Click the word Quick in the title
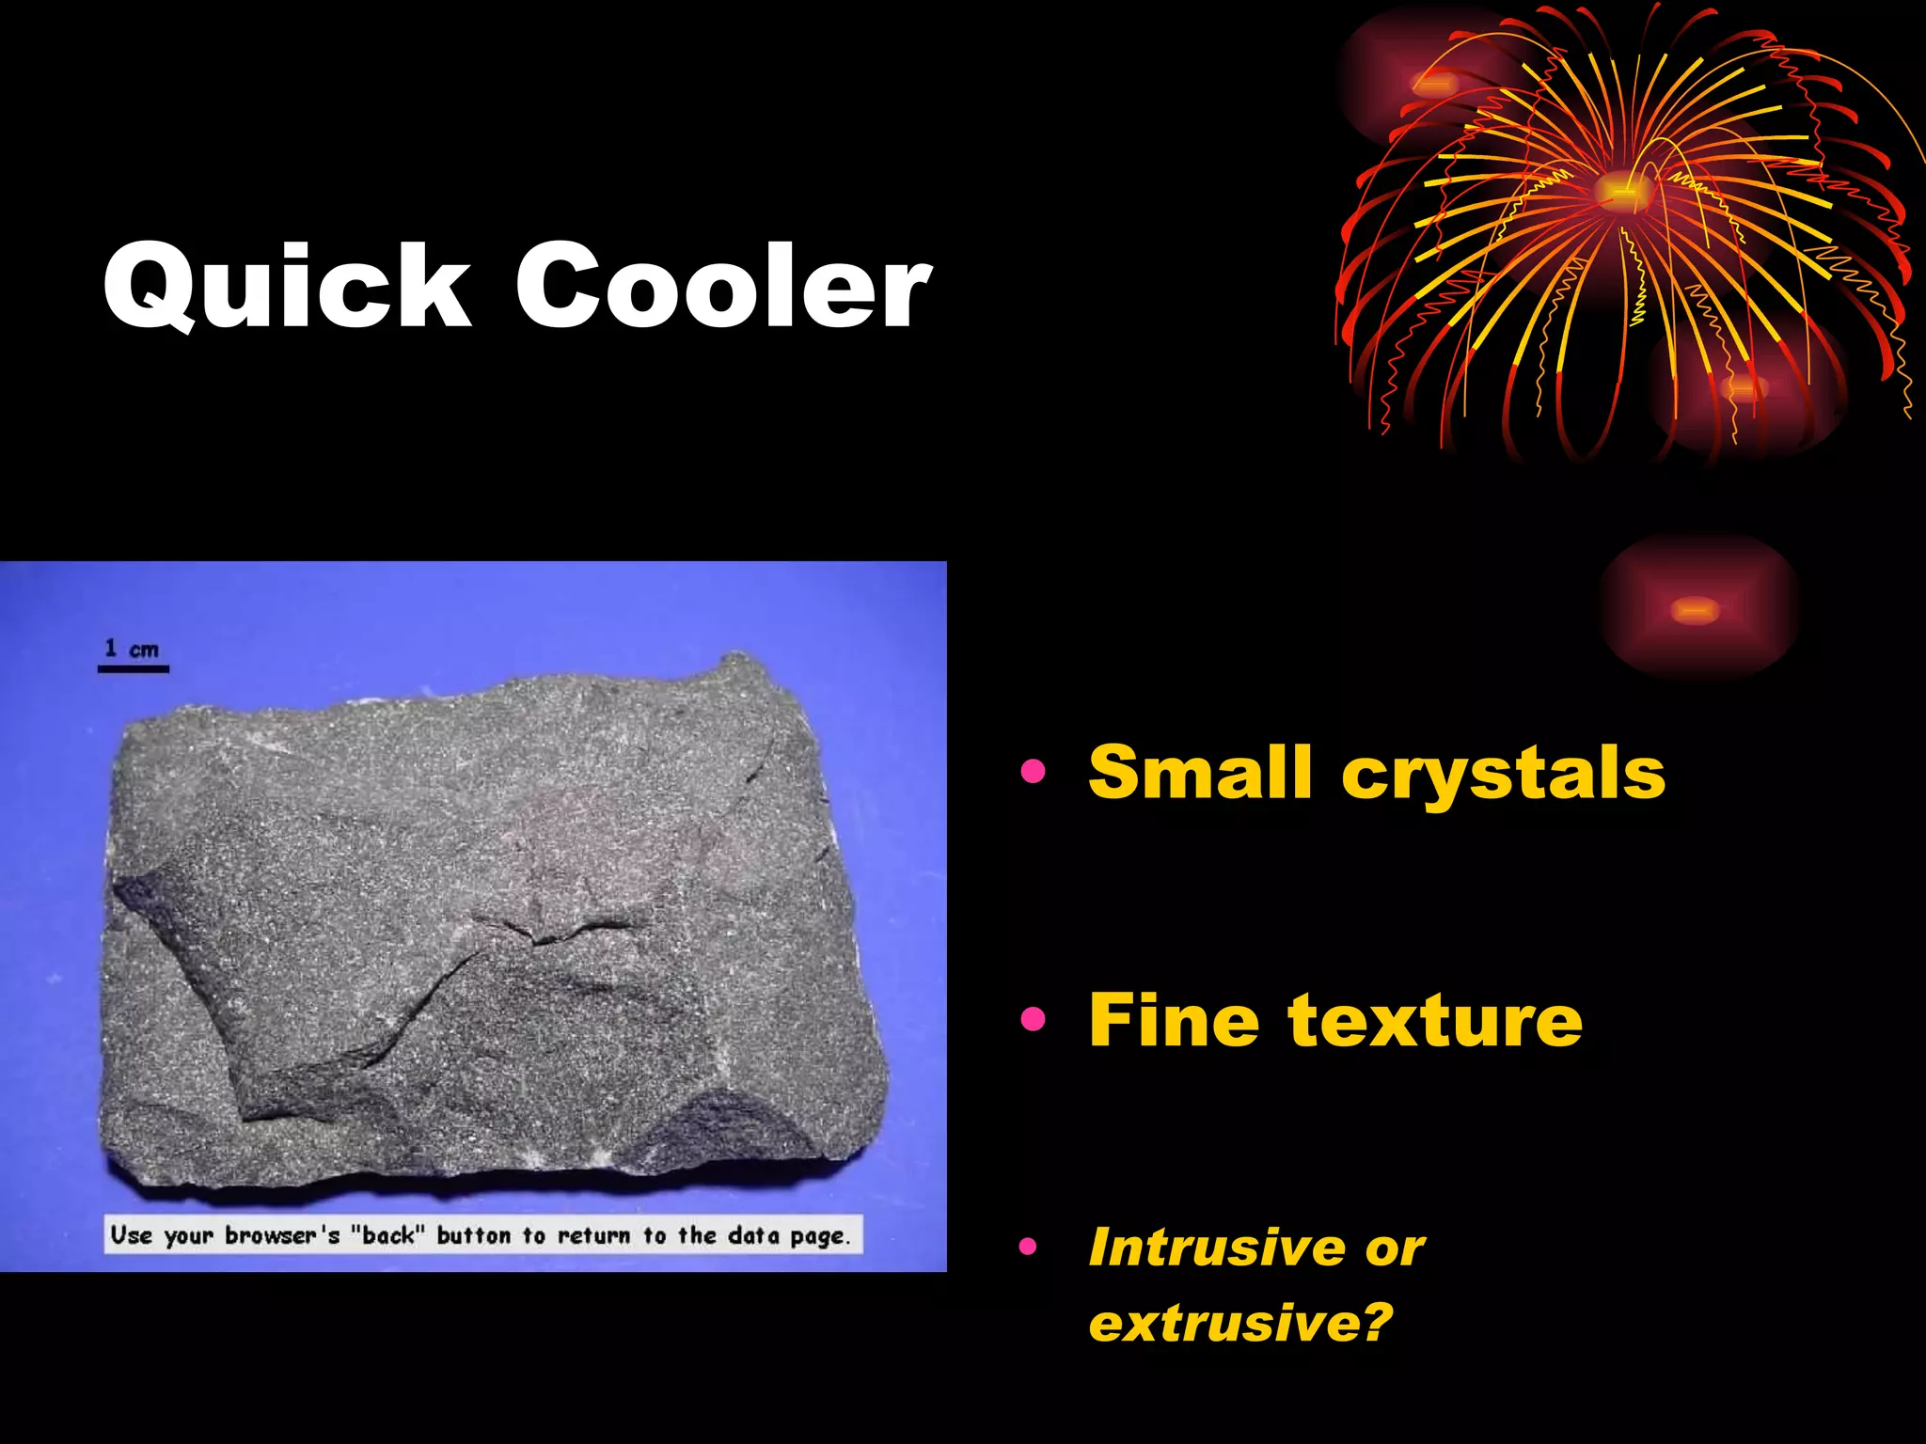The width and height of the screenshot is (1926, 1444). [x=287, y=286]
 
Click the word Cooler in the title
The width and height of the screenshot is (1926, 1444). [x=723, y=286]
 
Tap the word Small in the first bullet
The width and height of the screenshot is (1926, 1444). [x=1199, y=773]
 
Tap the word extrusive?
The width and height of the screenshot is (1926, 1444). [x=1239, y=1323]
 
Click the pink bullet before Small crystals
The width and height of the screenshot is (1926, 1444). [x=1033, y=772]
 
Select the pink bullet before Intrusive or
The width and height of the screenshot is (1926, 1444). [x=1028, y=1248]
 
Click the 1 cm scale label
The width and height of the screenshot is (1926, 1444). [x=132, y=649]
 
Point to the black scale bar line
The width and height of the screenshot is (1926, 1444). [x=134, y=669]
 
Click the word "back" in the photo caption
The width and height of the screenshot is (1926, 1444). [x=387, y=1234]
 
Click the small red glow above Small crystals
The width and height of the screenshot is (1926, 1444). [x=1696, y=610]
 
